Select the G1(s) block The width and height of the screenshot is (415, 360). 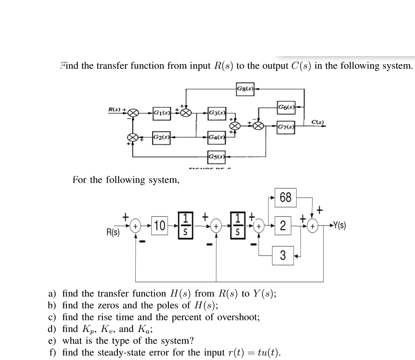162,113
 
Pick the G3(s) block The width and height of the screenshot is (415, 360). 217,113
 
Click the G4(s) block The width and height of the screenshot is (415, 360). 216,137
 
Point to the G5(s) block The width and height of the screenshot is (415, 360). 216,156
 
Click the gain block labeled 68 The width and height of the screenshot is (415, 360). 285,198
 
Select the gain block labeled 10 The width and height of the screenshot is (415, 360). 160,226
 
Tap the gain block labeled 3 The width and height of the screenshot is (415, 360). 283,256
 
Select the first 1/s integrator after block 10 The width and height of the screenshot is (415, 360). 185,226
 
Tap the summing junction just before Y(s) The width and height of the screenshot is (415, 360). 313,227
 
